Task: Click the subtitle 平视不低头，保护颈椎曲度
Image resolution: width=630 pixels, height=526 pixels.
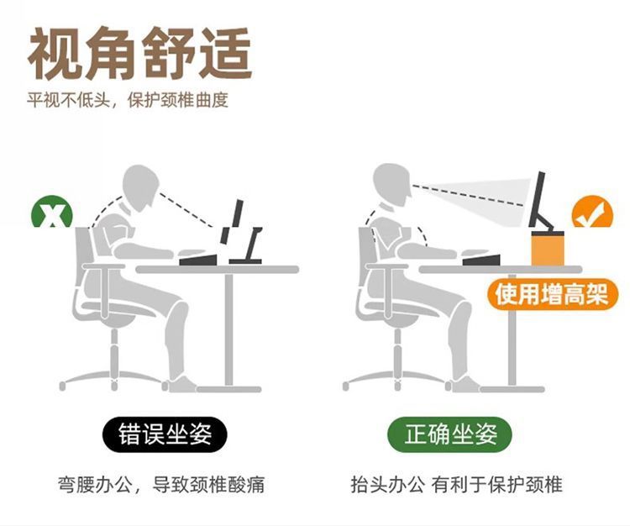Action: coord(128,101)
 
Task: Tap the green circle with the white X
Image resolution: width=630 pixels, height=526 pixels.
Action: coord(52,216)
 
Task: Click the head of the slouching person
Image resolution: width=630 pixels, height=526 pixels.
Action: coord(144,186)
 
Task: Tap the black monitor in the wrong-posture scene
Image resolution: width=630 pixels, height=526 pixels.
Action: coord(237,220)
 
